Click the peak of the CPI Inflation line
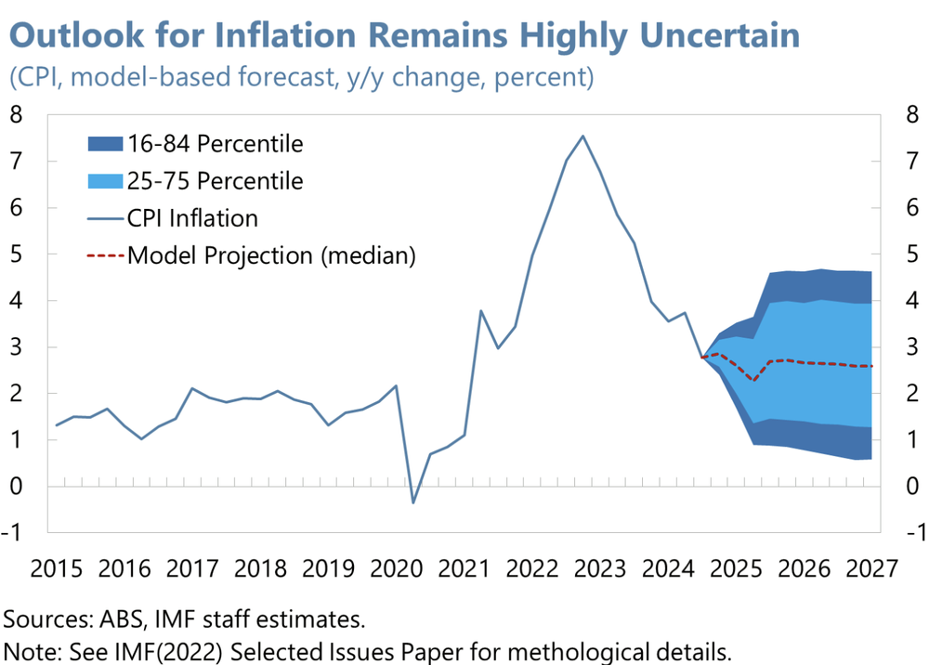point(582,137)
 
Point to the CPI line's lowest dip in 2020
point(413,502)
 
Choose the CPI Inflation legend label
point(192,218)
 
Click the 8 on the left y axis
point(16,115)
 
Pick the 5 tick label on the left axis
point(16,254)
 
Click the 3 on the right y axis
point(912,347)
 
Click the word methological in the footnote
point(534,648)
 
